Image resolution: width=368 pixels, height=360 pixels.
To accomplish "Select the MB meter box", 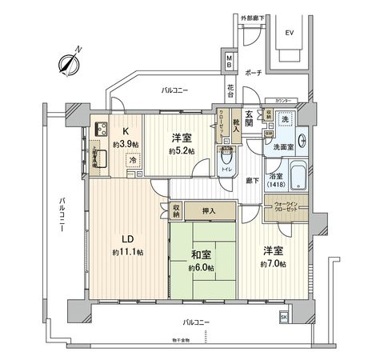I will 229,61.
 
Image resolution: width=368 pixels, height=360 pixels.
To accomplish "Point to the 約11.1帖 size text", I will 127,252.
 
